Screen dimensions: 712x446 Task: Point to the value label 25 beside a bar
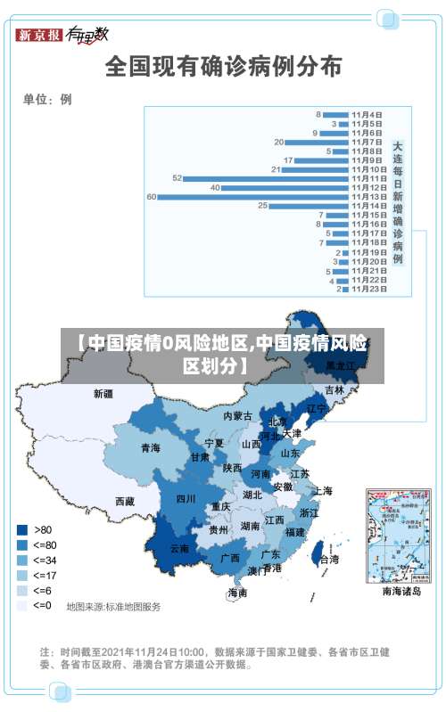point(262,206)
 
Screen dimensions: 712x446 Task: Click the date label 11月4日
point(367,114)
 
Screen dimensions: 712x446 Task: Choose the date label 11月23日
point(368,289)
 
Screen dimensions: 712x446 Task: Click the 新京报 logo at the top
point(38,36)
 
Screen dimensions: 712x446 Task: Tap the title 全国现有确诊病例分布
point(222,67)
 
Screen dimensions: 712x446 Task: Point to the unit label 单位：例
point(47,99)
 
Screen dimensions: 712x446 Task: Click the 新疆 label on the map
point(103,393)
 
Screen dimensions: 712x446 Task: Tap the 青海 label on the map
point(150,447)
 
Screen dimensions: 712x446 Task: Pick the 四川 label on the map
point(186,499)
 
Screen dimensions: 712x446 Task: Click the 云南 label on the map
point(179,549)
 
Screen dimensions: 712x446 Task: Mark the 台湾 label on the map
point(329,560)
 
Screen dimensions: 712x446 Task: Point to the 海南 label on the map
point(237,593)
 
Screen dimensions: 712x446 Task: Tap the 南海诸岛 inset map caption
point(401,591)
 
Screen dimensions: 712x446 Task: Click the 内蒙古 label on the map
point(237,416)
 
